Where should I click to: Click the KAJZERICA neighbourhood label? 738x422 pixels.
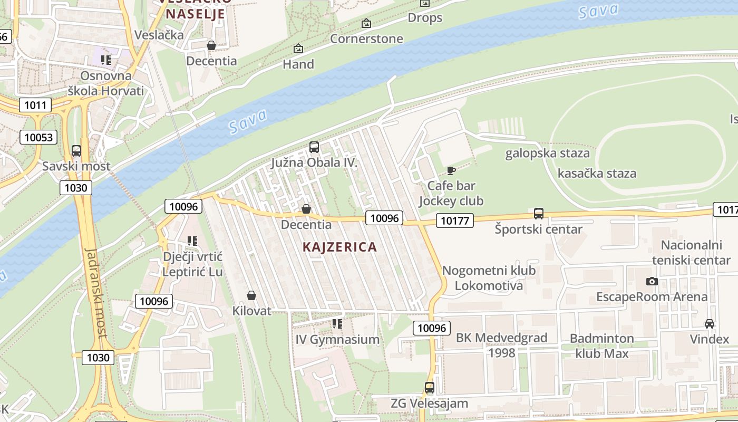[x=340, y=247]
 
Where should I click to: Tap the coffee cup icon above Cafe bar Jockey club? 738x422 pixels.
[x=451, y=170]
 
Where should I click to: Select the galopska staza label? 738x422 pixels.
[x=547, y=154]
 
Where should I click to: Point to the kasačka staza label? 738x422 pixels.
[x=597, y=174]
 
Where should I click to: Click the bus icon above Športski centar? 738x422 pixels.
[x=538, y=214]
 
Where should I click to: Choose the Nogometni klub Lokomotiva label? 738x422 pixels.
[x=489, y=278]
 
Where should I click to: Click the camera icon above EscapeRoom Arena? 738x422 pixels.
[x=652, y=281]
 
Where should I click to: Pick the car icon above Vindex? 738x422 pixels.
[x=710, y=323]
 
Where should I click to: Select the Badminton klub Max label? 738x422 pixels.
[x=601, y=346]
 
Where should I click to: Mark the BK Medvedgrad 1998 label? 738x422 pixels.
[x=501, y=345]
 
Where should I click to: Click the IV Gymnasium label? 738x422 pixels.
[x=337, y=340]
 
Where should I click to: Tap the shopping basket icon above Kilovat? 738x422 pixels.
[x=251, y=295]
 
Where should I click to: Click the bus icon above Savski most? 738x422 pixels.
[x=76, y=151]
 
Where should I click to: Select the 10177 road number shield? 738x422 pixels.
[x=454, y=220]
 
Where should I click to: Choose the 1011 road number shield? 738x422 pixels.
[x=35, y=105]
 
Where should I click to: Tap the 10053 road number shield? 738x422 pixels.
[x=38, y=138]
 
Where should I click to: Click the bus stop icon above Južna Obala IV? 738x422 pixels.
[x=314, y=147]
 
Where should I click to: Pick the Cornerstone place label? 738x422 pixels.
[x=366, y=39]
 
